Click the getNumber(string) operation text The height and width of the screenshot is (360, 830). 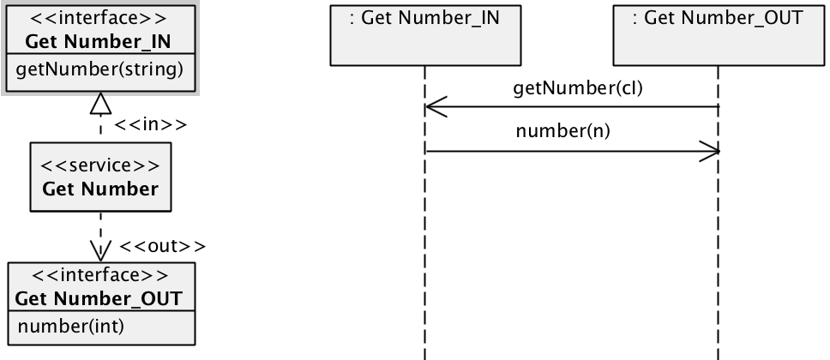coord(99,69)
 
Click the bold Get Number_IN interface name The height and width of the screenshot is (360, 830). coord(100,40)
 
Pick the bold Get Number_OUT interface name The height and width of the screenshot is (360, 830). coord(99,298)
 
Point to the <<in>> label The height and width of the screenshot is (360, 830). coord(150,125)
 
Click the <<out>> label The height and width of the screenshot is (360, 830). coord(163,247)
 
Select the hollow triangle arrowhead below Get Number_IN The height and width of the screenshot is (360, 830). coord(101,104)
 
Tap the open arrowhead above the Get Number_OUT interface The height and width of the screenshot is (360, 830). coord(101,250)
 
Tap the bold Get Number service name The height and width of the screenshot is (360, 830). coord(100,189)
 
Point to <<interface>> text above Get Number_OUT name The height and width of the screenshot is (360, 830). coord(99,275)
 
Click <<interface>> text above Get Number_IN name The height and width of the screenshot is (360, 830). coord(100,17)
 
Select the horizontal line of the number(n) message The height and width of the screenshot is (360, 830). coord(571,152)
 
